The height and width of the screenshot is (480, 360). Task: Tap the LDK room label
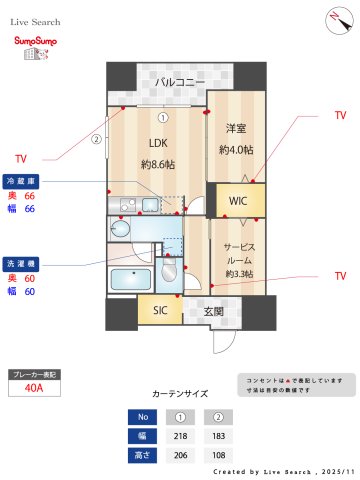coord(158,142)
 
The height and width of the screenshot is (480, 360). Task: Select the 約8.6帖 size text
coord(158,163)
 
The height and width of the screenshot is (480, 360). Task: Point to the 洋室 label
coord(235,129)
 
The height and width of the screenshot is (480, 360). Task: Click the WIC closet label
coord(237,201)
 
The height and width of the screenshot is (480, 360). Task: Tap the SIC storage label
coord(160,311)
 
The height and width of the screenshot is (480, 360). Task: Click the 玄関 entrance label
coord(213,311)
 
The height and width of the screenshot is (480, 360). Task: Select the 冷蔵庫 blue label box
coord(22,180)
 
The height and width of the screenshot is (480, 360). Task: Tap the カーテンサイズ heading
coord(180,395)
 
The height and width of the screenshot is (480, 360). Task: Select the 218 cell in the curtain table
coord(181,436)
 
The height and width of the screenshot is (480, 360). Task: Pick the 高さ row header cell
coord(143,455)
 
